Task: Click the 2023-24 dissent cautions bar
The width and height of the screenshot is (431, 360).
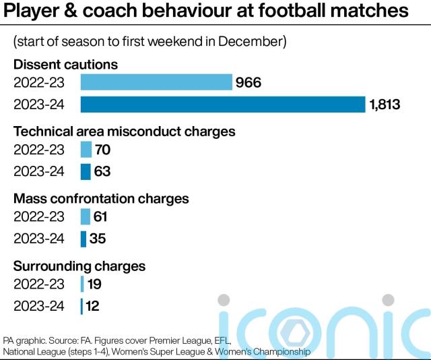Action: (223, 104)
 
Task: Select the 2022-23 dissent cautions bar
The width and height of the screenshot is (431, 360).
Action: (156, 82)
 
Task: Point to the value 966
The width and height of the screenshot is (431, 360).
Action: (248, 82)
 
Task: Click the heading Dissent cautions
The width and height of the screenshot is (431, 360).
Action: (66, 65)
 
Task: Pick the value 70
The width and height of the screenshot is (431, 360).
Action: (103, 150)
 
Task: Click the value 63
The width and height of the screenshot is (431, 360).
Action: (102, 172)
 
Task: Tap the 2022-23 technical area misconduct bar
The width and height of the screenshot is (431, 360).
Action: (86, 150)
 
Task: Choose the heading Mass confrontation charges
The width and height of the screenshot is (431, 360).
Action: (101, 199)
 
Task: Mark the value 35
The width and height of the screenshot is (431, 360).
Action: (98, 239)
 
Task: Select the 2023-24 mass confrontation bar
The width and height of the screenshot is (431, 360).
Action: (84, 239)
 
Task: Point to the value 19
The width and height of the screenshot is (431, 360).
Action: (94, 284)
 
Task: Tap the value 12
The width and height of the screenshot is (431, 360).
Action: (93, 306)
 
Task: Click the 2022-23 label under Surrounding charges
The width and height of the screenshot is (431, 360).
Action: (39, 284)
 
